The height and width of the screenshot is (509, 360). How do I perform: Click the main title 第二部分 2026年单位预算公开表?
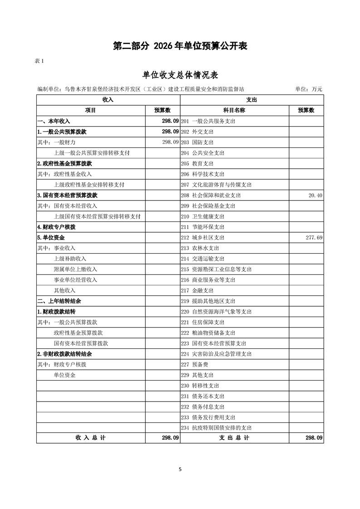click(x=180, y=46)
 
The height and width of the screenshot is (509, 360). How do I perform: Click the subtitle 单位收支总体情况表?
click(x=180, y=75)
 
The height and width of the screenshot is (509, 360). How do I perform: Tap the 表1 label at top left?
click(x=39, y=61)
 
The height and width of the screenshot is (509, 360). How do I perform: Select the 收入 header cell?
click(x=108, y=99)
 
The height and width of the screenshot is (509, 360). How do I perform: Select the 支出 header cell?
click(x=252, y=99)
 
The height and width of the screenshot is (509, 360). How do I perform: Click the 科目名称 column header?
click(x=234, y=110)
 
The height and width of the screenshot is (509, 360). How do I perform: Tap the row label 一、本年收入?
click(x=54, y=121)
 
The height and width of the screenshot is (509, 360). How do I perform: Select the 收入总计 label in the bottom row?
click(x=91, y=438)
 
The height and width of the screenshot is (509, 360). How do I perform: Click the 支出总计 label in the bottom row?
click(x=234, y=438)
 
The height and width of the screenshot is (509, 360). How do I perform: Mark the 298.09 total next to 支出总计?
click(x=314, y=438)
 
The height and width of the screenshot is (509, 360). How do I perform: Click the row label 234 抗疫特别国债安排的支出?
click(x=216, y=427)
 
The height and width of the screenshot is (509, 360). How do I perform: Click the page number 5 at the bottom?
click(x=180, y=469)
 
